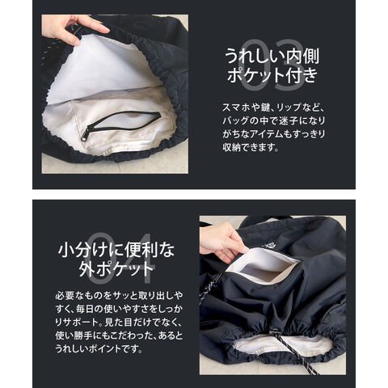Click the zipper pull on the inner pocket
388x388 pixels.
pos(85,134)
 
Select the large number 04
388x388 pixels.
pos(122,259)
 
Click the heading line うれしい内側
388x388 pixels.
pos(272,56)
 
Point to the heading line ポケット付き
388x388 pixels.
pos(272,74)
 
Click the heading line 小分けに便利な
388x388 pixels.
pos(116,250)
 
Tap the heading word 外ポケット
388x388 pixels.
pos(116,268)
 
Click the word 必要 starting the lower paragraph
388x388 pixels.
pos(65,295)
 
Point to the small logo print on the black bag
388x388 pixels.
pos(269,245)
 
